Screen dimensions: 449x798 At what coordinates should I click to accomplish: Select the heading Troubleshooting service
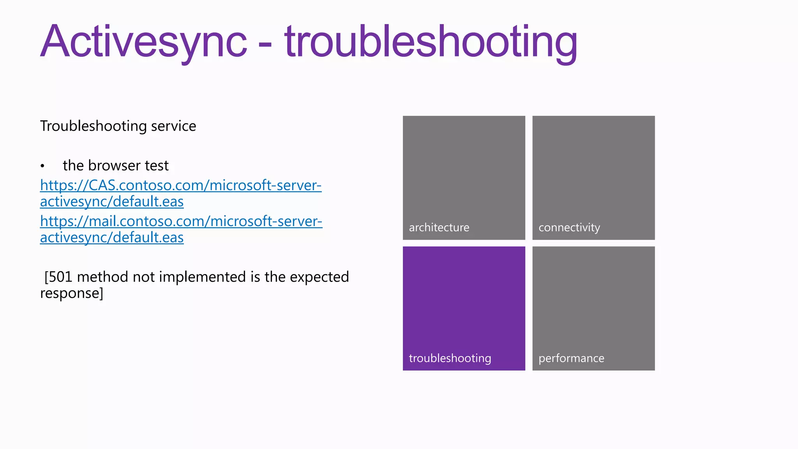(x=118, y=126)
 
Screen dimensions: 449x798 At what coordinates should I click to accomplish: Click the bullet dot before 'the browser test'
(x=42, y=166)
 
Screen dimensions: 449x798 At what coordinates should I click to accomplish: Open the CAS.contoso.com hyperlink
(x=180, y=186)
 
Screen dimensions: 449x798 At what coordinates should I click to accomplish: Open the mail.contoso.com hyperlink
(x=181, y=221)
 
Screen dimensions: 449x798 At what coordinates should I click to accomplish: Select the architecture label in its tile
(x=439, y=228)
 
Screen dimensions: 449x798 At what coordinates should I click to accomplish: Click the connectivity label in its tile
(x=569, y=228)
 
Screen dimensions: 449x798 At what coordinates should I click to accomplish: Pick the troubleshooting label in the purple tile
(x=450, y=358)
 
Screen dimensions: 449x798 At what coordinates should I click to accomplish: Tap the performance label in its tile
(x=571, y=358)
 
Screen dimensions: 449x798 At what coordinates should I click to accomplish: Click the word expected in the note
(x=319, y=277)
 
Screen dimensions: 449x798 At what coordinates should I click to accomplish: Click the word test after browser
(x=157, y=166)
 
